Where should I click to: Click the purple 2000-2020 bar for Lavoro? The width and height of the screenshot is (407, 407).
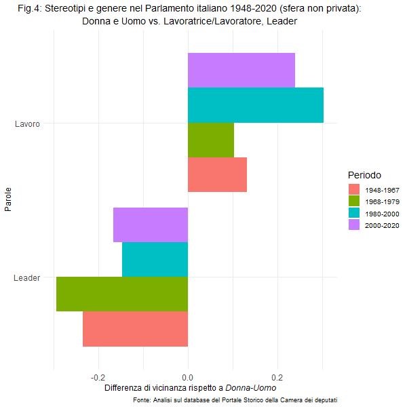click(241, 70)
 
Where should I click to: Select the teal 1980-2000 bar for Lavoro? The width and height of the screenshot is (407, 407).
click(255, 105)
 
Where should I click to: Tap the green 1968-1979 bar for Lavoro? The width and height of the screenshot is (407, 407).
click(210, 140)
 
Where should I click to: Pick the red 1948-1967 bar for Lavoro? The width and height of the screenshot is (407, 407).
click(217, 175)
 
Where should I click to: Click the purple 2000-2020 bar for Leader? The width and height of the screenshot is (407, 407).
click(151, 225)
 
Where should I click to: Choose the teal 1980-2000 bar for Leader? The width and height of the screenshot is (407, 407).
click(155, 260)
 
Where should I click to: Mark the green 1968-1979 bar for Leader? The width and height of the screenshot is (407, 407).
click(122, 294)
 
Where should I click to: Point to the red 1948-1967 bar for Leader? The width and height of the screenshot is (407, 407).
click(135, 329)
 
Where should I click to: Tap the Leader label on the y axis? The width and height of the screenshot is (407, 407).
click(27, 277)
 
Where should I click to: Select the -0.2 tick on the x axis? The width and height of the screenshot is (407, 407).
click(98, 377)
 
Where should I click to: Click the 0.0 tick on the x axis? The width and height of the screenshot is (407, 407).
click(188, 377)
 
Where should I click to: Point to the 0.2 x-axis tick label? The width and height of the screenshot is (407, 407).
click(277, 377)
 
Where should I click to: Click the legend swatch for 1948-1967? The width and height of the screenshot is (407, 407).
click(355, 189)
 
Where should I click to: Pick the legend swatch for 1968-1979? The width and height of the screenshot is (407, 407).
click(355, 201)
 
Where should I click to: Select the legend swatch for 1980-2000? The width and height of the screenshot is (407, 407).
click(355, 213)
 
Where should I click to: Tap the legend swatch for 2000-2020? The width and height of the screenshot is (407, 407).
click(355, 225)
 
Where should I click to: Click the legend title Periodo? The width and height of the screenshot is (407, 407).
click(365, 174)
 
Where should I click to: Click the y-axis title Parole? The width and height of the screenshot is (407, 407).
click(8, 201)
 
